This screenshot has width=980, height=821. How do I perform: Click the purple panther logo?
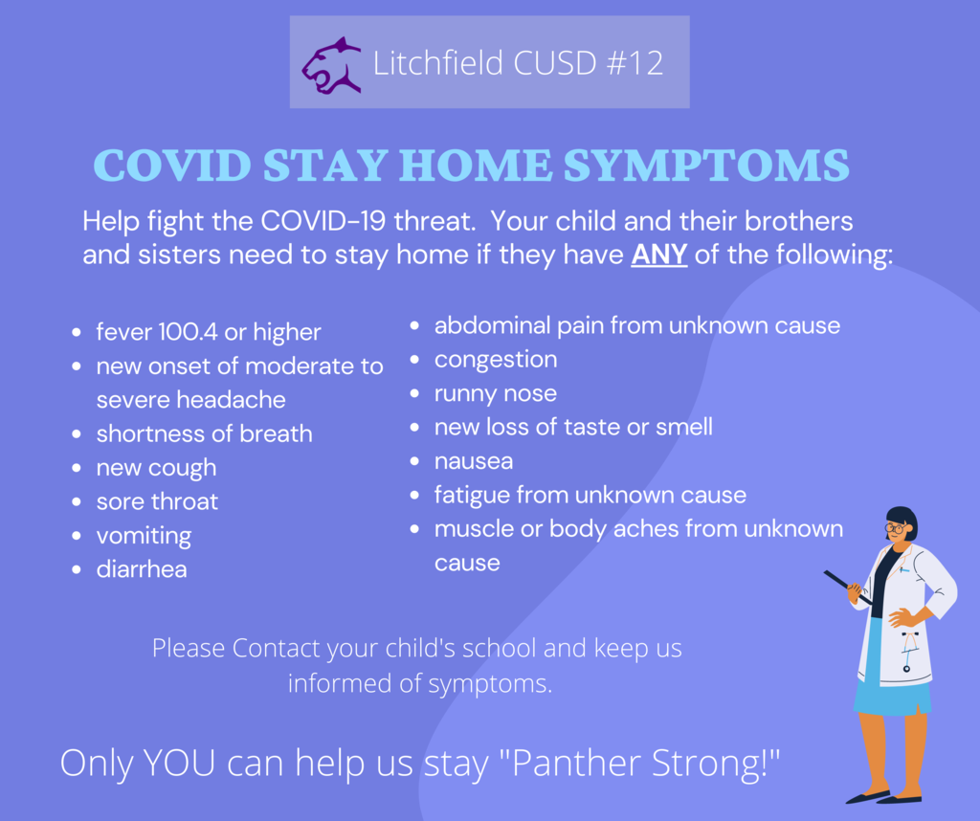tap(332, 66)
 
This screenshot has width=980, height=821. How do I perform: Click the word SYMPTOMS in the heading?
tap(706, 166)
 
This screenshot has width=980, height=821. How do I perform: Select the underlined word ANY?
tap(659, 255)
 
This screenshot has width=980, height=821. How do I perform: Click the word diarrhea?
tap(142, 569)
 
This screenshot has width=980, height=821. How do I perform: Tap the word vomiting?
tap(144, 536)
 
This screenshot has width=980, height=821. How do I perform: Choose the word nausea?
tap(474, 461)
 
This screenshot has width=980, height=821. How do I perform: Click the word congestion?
tap(496, 360)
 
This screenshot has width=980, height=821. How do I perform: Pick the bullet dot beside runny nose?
tap(414, 393)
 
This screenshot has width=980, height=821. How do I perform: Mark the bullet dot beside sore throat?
tap(77, 501)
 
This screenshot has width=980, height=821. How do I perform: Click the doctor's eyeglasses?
tap(896, 528)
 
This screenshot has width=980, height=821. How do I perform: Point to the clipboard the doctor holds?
tap(848, 588)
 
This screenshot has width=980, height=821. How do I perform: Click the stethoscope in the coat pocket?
tap(909, 651)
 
